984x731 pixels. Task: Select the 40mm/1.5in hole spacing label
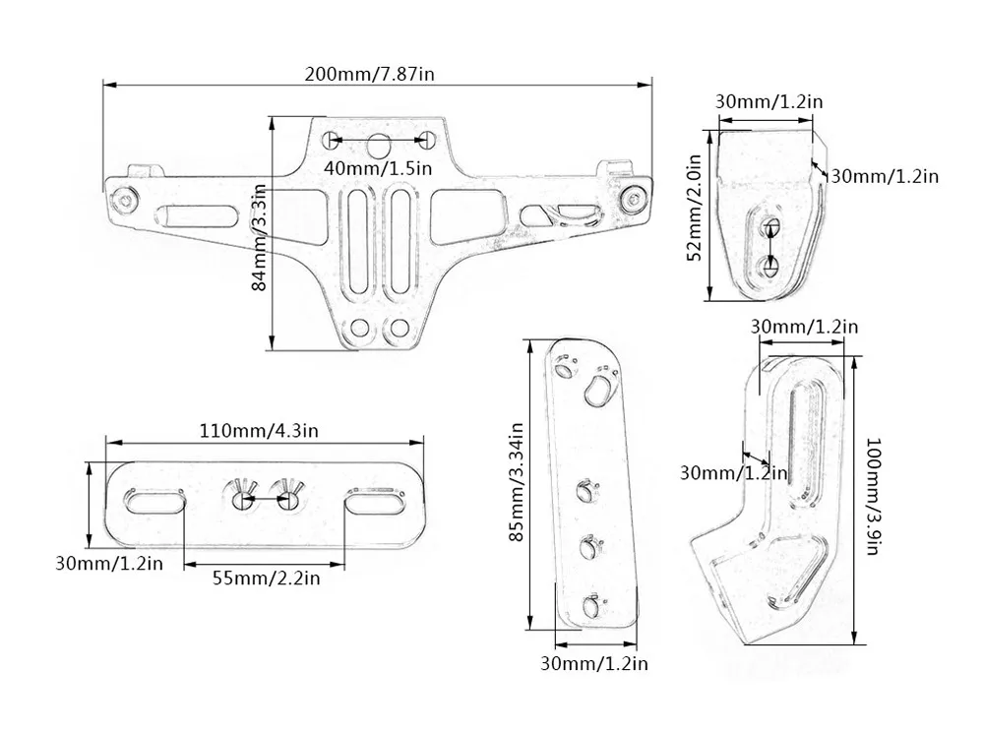point(379,168)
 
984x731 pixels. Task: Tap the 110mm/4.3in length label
point(265,430)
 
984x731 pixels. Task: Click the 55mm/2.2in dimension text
point(266,578)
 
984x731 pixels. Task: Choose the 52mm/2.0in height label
point(695,208)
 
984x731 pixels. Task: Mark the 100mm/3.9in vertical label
point(871,497)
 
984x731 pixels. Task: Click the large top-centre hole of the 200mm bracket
point(379,146)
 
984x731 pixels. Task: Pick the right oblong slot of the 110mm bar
point(374,502)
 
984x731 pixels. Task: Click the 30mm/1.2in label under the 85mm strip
point(594,663)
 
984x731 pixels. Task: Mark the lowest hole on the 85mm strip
point(590,607)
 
